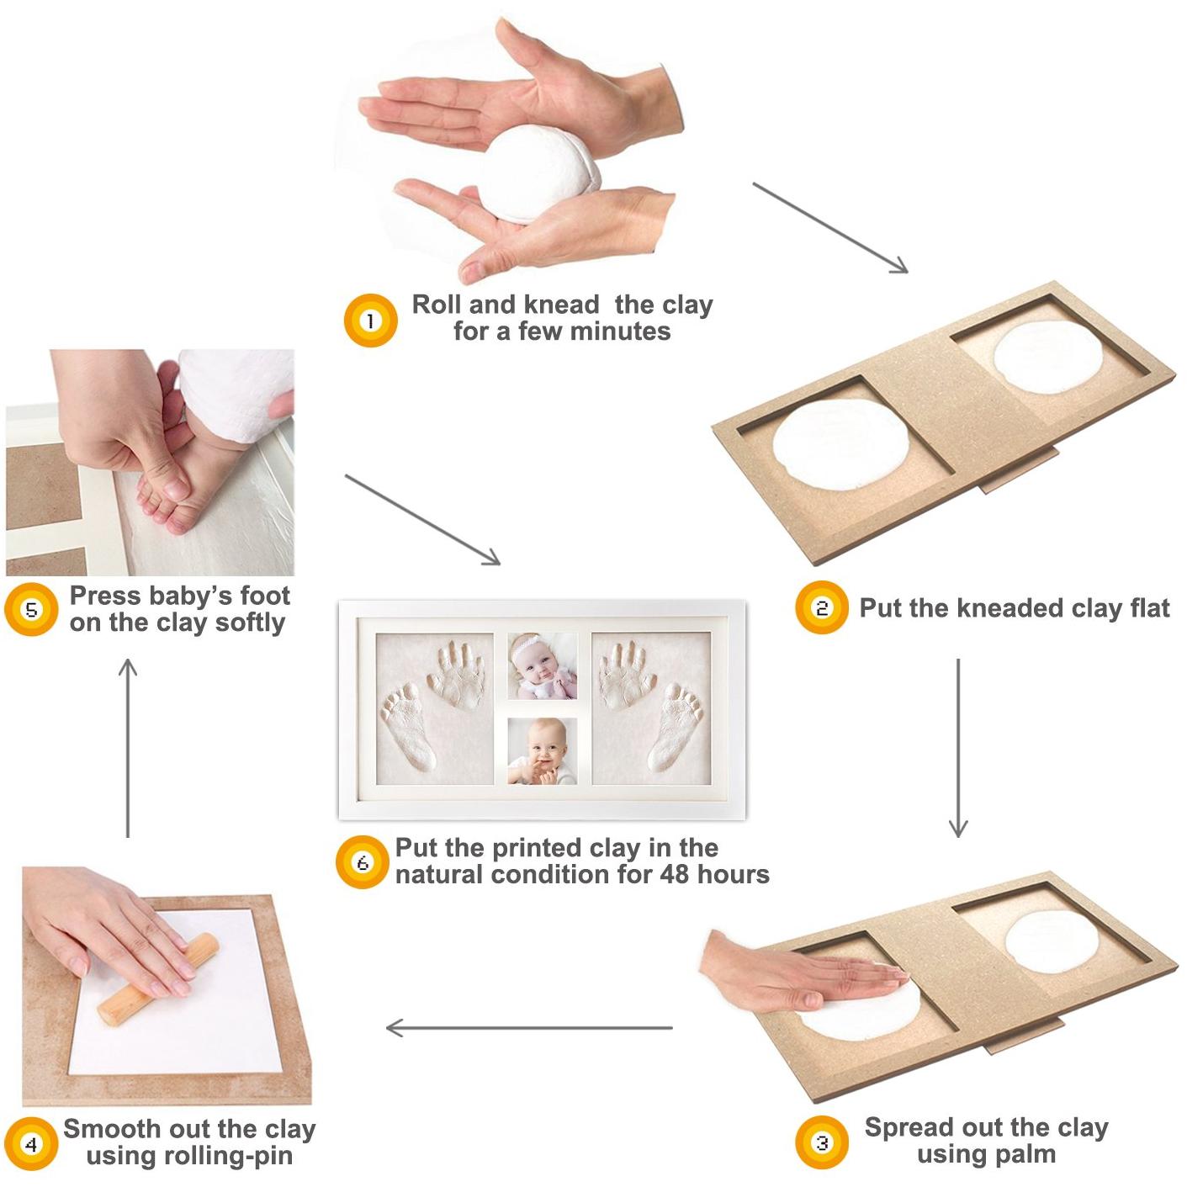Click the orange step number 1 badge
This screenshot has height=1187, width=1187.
click(x=370, y=321)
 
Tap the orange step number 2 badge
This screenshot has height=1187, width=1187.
click(x=821, y=607)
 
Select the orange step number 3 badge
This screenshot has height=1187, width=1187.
click(x=821, y=1143)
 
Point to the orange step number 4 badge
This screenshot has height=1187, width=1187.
click(x=31, y=1144)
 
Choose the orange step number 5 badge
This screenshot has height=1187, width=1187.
click(x=31, y=609)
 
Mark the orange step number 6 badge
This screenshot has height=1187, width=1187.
click(x=363, y=862)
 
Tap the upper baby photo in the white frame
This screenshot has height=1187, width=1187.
click(x=543, y=666)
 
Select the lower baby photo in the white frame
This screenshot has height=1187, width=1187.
click(x=543, y=751)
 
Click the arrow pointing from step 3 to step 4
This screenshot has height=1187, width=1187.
click(x=529, y=1027)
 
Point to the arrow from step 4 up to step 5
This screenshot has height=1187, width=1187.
click(x=128, y=748)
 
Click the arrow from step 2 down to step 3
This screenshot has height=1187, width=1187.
click(x=958, y=748)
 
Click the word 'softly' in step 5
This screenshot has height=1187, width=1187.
click(x=250, y=623)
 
